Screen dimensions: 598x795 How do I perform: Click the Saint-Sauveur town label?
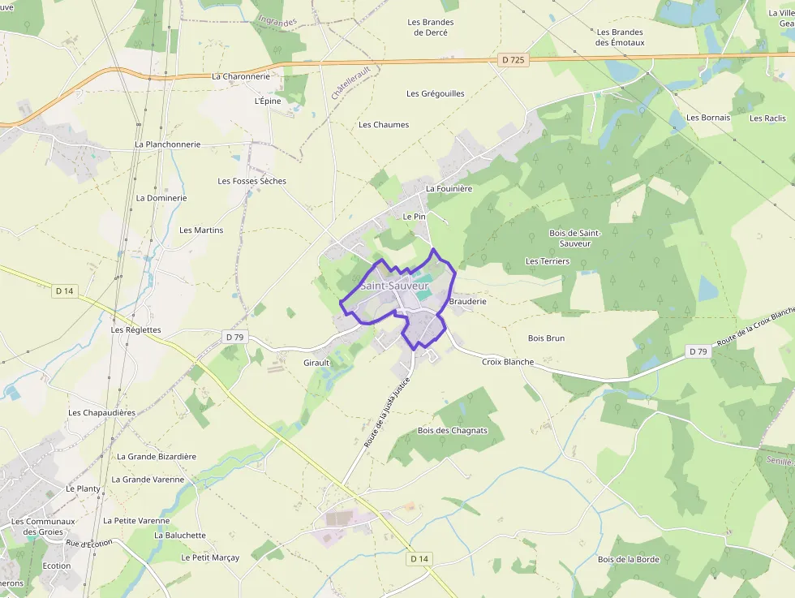click(x=393, y=286)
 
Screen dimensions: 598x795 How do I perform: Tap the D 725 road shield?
click(x=513, y=60)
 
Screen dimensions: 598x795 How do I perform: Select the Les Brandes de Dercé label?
click(x=431, y=28)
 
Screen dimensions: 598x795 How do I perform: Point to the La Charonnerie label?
click(x=241, y=76)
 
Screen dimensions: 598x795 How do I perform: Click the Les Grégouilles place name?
click(x=436, y=93)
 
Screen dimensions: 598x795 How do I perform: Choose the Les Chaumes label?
click(x=384, y=125)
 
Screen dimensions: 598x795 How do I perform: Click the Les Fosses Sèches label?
click(x=251, y=181)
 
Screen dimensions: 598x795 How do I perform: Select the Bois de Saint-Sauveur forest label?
click(x=574, y=238)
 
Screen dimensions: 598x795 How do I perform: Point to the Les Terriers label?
click(x=548, y=261)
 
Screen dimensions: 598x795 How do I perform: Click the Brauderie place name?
click(x=467, y=301)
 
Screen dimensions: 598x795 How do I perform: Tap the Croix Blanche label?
click(x=508, y=362)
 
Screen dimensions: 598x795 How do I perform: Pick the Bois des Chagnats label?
click(x=453, y=430)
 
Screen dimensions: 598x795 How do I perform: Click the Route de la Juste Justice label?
click(x=388, y=412)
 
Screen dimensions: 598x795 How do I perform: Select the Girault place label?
click(x=316, y=362)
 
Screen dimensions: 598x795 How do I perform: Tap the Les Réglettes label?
click(x=136, y=330)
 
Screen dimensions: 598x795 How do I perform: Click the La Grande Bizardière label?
click(x=157, y=456)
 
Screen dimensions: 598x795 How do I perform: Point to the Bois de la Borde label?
click(x=629, y=559)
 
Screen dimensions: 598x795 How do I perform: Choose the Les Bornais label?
click(x=708, y=118)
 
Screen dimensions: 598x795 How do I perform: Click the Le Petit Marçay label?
click(x=210, y=557)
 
